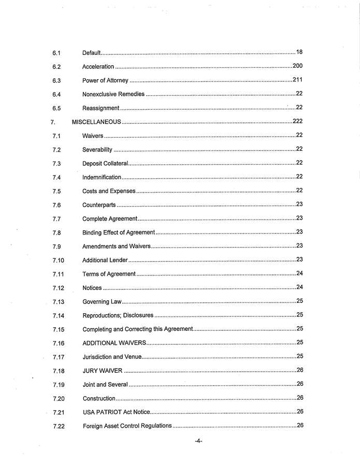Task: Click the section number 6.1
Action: (56, 53)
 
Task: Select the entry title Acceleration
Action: (98, 67)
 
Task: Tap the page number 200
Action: (297, 66)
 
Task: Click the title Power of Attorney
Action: (105, 81)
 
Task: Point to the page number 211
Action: (297, 80)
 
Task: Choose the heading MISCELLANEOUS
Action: (96, 122)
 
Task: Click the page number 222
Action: (297, 121)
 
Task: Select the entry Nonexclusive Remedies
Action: (113, 95)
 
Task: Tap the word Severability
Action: (97, 150)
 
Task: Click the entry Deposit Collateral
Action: (105, 164)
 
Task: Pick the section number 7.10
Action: (58, 260)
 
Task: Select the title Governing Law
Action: (102, 301)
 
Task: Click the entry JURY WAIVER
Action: (103, 371)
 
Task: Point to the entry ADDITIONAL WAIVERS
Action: (114, 343)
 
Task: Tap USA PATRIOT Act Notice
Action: (117, 412)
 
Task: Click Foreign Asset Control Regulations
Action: (127, 426)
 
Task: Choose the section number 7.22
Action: (59, 426)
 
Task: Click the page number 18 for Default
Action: (299, 52)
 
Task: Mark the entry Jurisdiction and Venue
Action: (111, 357)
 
